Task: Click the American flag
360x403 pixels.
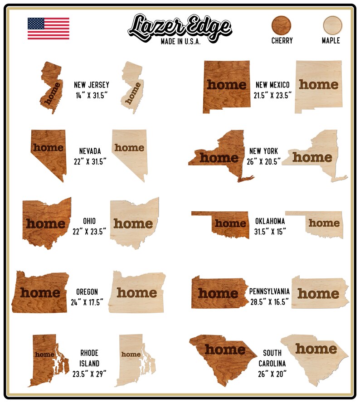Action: tap(49, 29)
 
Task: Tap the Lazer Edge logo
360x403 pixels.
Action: tap(180, 26)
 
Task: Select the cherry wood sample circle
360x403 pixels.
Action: tap(282, 25)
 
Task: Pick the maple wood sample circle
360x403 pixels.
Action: tap(332, 25)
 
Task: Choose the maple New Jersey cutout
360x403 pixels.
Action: tap(132, 88)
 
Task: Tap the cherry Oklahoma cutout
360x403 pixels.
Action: tap(227, 223)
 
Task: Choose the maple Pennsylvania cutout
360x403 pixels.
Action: tap(319, 292)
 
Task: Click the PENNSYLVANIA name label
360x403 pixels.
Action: tap(269, 292)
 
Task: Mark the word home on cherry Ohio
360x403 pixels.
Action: tap(45, 223)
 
